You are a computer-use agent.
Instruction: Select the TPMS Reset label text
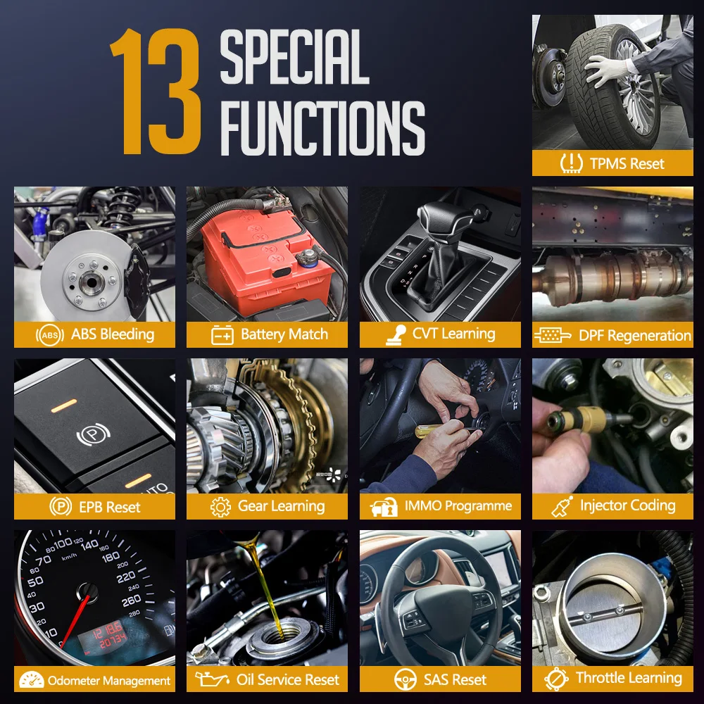627,163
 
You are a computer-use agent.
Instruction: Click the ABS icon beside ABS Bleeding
49,335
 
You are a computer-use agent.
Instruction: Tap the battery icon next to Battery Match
222,335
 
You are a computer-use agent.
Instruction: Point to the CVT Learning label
453,334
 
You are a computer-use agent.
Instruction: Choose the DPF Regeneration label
634,335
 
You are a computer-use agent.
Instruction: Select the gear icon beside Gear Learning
220,507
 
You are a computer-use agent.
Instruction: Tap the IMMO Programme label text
458,506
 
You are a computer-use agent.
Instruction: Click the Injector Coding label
627,505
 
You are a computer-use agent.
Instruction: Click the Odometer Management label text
109,681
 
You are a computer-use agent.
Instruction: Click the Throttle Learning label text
628,679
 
